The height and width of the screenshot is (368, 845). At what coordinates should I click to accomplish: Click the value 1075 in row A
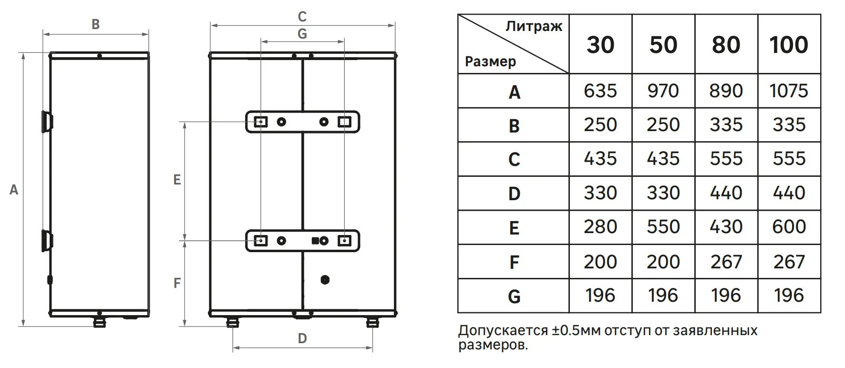click(789, 91)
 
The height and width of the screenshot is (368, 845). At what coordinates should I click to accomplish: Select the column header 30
click(600, 44)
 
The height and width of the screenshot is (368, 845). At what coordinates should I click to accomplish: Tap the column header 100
click(789, 44)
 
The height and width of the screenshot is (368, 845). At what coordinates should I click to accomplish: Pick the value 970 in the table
click(663, 91)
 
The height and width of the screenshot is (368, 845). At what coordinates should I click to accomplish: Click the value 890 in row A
click(726, 91)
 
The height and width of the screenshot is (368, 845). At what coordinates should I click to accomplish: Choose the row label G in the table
click(514, 296)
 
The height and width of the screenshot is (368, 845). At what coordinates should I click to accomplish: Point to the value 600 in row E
click(789, 226)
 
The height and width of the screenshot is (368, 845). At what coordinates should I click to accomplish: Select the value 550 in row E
click(663, 226)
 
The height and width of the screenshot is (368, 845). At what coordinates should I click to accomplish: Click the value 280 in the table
click(600, 226)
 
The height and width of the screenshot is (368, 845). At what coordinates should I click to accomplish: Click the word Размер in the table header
click(490, 61)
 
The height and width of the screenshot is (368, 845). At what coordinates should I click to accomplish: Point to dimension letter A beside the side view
click(14, 190)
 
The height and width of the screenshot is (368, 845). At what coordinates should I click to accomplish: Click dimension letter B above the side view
click(95, 24)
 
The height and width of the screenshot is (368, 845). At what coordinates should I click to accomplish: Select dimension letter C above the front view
click(302, 17)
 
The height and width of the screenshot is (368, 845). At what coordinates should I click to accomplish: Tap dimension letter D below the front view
click(302, 338)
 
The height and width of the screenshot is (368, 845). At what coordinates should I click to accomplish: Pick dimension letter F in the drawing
click(177, 283)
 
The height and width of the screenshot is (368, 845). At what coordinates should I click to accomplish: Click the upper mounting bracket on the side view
click(47, 121)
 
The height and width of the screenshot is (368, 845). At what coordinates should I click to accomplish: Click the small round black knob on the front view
click(325, 279)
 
